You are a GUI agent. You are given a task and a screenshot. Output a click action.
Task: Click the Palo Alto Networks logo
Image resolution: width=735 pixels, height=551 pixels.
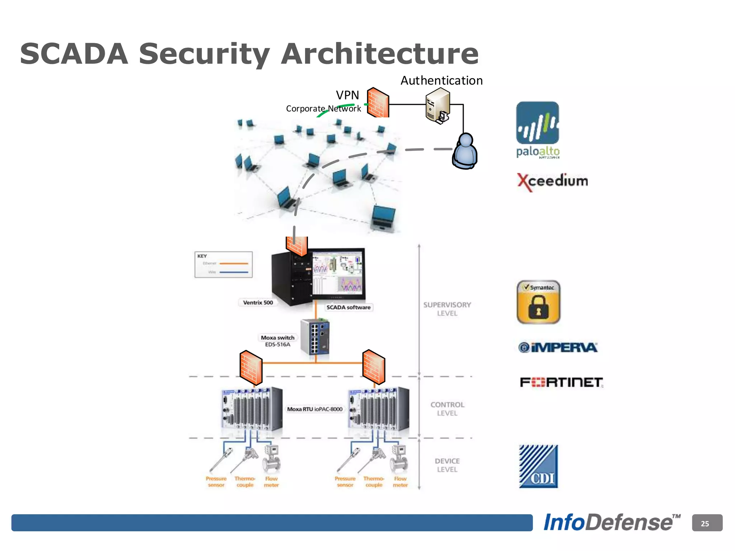click(537, 129)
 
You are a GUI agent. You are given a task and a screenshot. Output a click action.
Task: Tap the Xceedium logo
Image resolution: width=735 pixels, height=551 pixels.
click(552, 181)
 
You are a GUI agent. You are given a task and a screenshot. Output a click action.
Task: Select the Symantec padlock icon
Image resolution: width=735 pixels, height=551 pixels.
click(538, 302)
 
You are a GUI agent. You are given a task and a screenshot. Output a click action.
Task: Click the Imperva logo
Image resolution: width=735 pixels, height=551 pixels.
click(558, 347)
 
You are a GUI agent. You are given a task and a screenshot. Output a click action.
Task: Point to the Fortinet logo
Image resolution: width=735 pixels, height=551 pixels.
click(561, 382)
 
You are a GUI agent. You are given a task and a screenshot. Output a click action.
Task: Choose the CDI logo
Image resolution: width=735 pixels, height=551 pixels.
click(538, 466)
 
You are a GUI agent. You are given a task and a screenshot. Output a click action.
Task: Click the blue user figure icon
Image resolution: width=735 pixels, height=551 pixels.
click(465, 151)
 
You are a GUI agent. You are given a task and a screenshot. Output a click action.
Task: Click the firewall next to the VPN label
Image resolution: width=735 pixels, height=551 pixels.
click(378, 103)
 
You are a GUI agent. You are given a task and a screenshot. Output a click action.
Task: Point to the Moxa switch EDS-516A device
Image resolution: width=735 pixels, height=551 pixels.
click(315, 336)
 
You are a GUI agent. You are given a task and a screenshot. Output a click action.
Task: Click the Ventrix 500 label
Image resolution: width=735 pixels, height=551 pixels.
click(258, 302)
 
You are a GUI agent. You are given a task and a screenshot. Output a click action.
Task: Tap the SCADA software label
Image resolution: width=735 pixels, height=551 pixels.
click(348, 307)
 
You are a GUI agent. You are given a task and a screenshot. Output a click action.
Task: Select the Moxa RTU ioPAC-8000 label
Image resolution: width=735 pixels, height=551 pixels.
click(315, 409)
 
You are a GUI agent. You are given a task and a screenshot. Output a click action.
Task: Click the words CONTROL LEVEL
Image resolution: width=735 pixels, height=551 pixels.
click(447, 409)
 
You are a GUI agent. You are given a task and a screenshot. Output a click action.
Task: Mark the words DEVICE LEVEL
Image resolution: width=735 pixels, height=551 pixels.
click(447, 465)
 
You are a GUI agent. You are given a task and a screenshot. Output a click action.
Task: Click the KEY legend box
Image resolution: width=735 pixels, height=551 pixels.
click(223, 265)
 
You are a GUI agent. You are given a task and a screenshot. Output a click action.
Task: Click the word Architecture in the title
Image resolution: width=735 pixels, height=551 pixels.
click(379, 54)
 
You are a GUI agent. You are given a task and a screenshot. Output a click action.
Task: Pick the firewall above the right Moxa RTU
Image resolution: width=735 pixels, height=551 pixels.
click(374, 367)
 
